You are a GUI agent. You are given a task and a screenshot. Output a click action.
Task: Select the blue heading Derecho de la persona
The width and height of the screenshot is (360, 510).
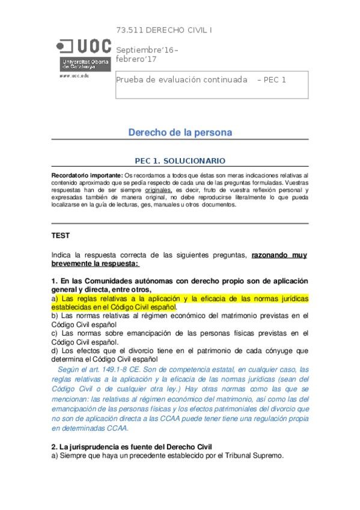(180, 132)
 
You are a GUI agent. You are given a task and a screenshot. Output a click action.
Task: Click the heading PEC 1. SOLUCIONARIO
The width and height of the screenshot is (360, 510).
(180, 161)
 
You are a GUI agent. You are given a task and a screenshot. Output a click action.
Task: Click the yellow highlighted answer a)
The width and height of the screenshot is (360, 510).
(180, 302)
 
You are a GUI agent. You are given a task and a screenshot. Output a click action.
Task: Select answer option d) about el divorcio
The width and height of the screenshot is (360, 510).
(180, 352)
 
